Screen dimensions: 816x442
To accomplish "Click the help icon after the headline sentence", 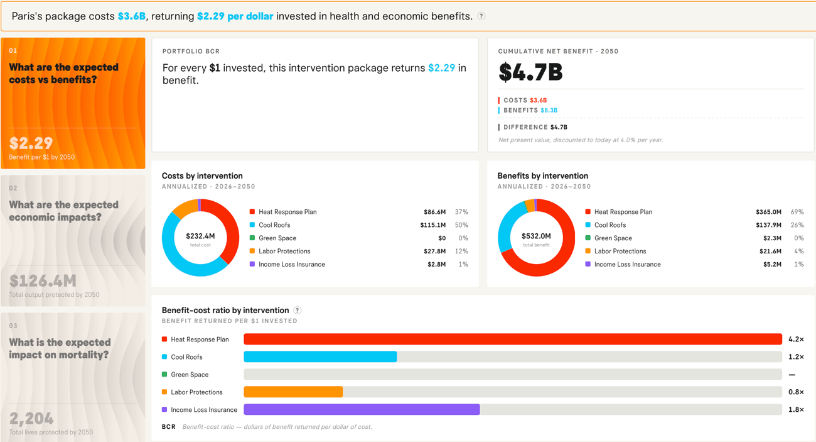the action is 481,16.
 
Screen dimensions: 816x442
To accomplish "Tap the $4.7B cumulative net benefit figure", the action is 530,72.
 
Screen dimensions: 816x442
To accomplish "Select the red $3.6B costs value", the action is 538,101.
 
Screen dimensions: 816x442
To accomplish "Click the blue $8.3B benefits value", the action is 549,110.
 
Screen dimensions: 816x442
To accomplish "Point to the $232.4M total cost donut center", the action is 200,236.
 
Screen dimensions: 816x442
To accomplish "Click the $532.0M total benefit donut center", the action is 536,236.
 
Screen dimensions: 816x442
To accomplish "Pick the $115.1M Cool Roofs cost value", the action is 432,225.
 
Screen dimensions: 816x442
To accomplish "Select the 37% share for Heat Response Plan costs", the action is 461,212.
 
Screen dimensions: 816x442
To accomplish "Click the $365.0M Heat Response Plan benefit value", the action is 768,212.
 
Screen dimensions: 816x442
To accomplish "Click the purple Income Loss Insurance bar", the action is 362,409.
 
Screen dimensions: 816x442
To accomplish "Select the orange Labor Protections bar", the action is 293,392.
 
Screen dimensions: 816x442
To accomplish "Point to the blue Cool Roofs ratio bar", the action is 320,356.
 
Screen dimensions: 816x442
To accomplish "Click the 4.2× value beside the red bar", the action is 796,340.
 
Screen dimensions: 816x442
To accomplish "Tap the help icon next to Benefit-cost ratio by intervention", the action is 298,310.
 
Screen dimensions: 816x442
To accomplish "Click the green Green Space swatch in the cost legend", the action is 252,238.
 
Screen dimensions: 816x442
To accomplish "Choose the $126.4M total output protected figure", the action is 43,280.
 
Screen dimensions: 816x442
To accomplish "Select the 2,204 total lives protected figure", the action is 31,418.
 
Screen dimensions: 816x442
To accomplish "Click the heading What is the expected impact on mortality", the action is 60,348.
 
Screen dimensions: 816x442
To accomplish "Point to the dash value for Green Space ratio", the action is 792,375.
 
